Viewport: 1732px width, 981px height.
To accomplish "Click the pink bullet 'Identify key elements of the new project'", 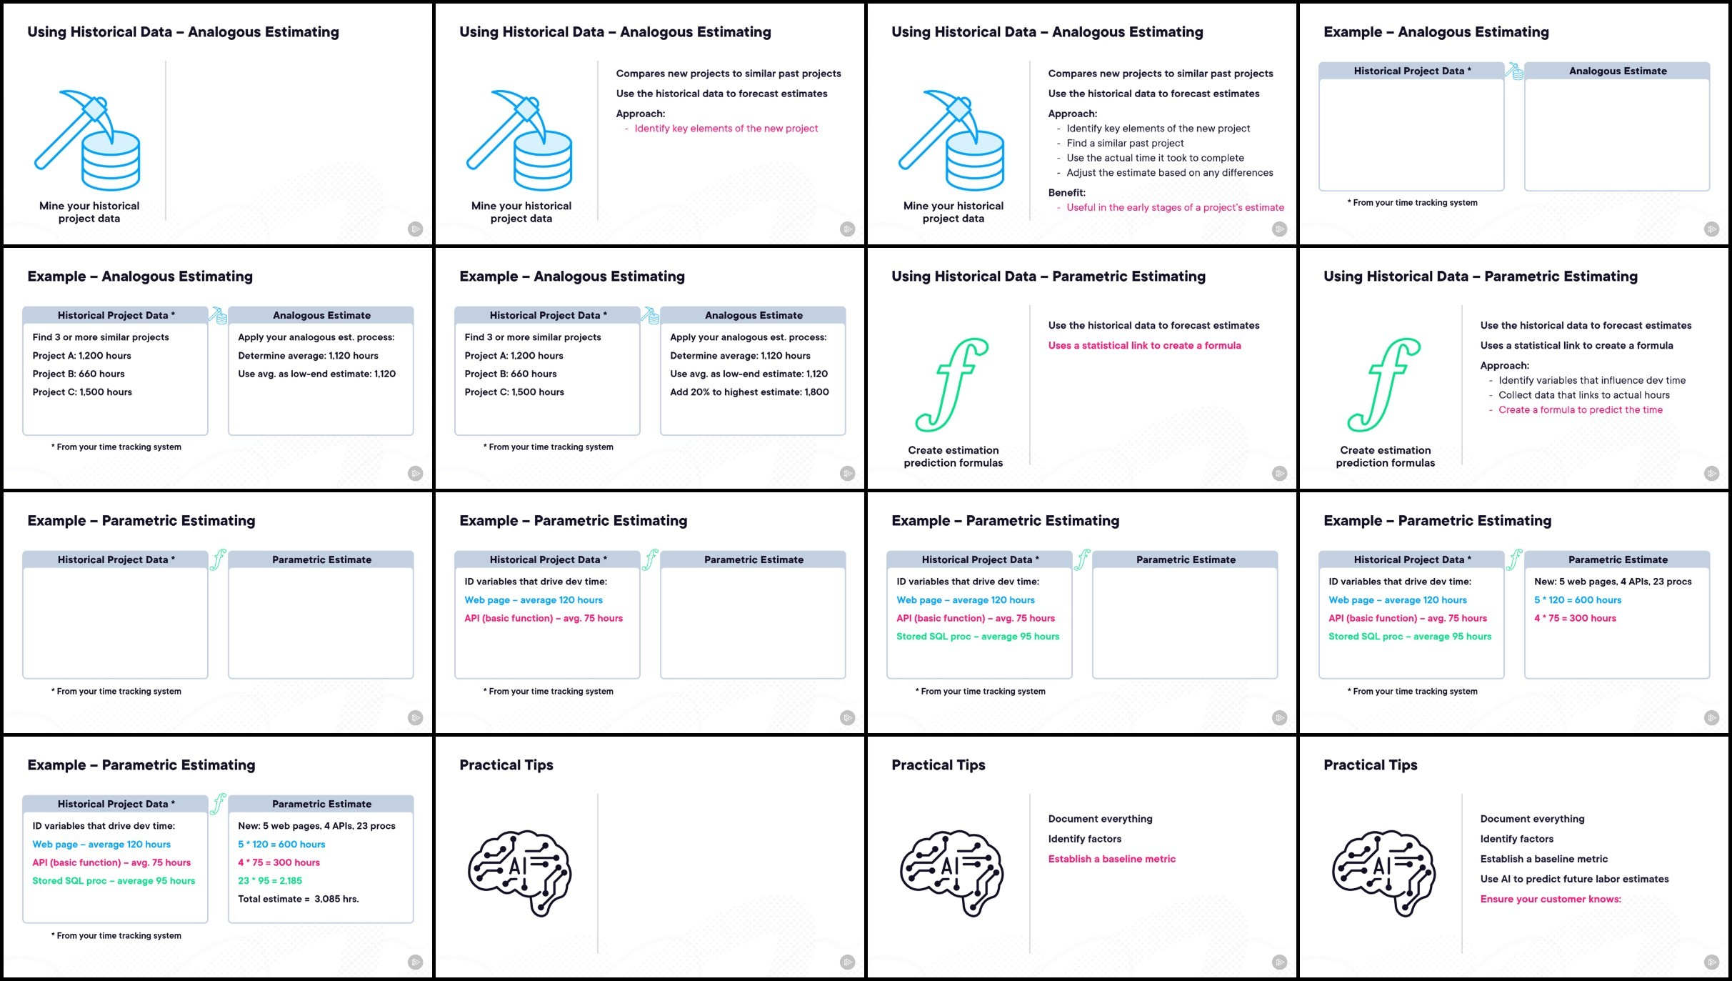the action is pos(726,129).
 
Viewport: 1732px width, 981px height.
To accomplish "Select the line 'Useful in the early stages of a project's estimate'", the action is pos(1175,208).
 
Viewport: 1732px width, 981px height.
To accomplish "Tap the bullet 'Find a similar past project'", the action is pos(1125,144).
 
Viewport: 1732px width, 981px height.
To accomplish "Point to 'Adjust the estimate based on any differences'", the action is pos(1170,173).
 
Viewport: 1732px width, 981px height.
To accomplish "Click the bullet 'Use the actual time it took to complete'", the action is pos(1155,158).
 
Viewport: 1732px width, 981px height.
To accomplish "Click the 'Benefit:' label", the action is pos(1066,193).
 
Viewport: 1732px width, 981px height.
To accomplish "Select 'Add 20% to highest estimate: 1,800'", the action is pos(749,392).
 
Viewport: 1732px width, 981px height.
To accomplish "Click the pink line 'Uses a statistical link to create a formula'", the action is pos(1144,346).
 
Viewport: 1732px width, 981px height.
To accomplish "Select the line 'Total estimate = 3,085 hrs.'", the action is pos(299,899).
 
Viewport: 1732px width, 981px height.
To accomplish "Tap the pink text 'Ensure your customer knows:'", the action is pos(1551,900).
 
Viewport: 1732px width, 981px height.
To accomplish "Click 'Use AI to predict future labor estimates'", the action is pos(1574,880).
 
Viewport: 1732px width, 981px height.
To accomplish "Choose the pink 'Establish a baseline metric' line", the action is pos(1111,860).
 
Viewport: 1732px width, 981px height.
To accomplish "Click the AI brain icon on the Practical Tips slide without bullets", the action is pos(519,873).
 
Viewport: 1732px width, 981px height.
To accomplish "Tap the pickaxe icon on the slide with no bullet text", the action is pos(87,140).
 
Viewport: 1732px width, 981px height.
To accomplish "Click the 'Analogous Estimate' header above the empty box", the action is pos(1618,71).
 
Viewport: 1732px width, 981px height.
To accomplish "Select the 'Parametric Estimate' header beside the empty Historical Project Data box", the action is pos(321,559).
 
